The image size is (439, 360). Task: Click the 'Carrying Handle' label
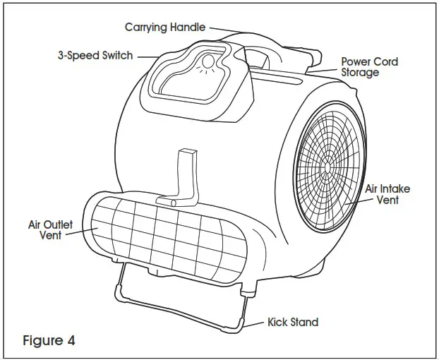click(165, 28)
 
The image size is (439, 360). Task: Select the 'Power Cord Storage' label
click(369, 67)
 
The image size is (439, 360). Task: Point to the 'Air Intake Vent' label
click(387, 194)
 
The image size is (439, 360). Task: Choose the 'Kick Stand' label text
click(292, 323)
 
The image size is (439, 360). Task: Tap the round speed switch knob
click(207, 66)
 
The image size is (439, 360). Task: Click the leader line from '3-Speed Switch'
click(149, 56)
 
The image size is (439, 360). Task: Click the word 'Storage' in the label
click(361, 73)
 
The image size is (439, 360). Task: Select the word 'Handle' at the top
click(188, 28)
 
